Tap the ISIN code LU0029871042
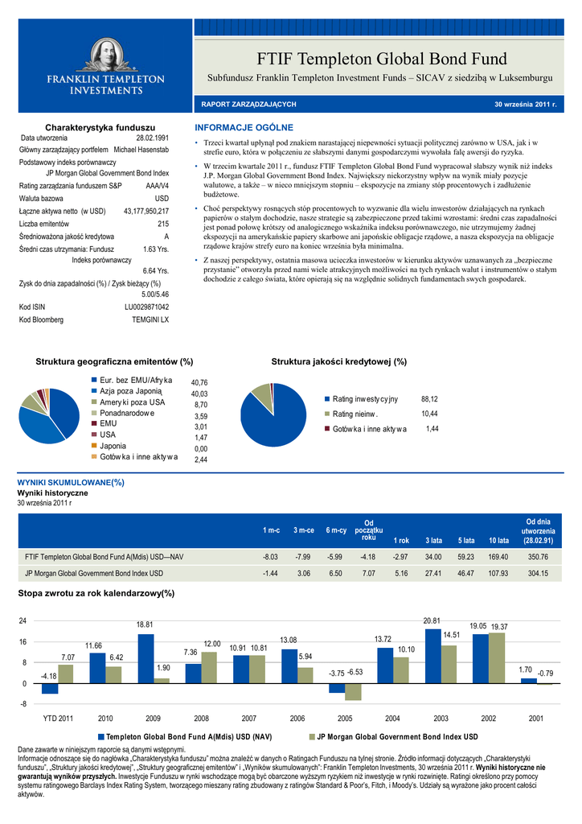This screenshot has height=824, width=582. pyautogui.click(x=146, y=307)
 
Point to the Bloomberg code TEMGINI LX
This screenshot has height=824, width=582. pyautogui.click(x=150, y=320)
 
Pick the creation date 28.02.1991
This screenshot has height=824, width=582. pyautogui.click(x=152, y=138)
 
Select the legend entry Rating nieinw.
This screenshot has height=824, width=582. pyautogui.click(x=355, y=414)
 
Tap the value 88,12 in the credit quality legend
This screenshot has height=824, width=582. pyautogui.click(x=429, y=399)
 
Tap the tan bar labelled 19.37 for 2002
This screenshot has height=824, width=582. pyautogui.click(x=498, y=658)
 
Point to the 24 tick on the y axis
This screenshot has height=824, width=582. pyautogui.click(x=23, y=621)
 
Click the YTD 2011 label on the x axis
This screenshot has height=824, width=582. pyautogui.click(x=58, y=718)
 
